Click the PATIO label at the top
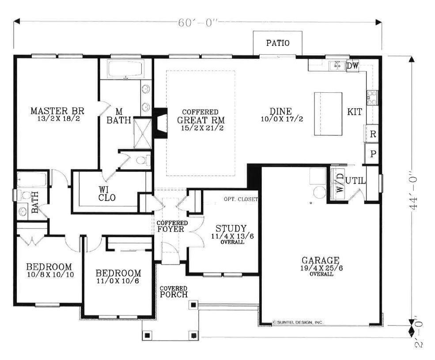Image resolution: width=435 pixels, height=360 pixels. coord(278,43)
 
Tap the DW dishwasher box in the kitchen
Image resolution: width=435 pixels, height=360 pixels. coord(352,66)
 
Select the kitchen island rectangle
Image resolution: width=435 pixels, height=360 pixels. coord(328,114)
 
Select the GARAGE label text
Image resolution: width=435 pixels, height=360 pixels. coord(321,260)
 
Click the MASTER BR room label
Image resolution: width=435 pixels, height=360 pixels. coord(57,111)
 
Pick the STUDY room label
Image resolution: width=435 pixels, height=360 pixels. coord(231,228)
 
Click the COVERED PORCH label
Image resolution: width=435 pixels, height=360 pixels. coord(174,292)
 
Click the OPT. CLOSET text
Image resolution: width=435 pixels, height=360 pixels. coord(241,199)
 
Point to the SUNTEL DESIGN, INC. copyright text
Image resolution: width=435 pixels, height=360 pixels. coord(298,322)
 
